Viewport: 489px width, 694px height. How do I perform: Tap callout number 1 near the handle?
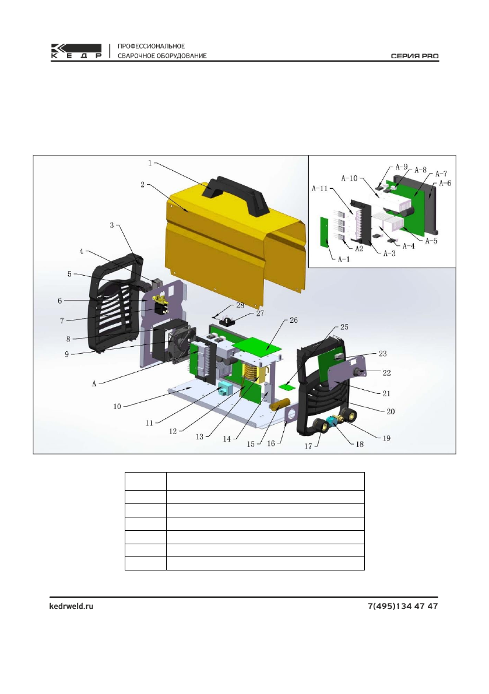pyautogui.click(x=150, y=163)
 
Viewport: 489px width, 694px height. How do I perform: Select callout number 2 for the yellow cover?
pyautogui.click(x=142, y=184)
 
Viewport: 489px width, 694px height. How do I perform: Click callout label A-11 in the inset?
pyautogui.click(x=320, y=188)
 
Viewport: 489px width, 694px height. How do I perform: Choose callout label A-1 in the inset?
pyautogui.click(x=344, y=259)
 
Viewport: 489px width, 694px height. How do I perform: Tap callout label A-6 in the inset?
pyautogui.click(x=445, y=183)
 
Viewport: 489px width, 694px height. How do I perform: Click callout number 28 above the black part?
pyautogui.click(x=240, y=305)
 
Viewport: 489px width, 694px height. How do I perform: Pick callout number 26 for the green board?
pyautogui.click(x=294, y=320)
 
